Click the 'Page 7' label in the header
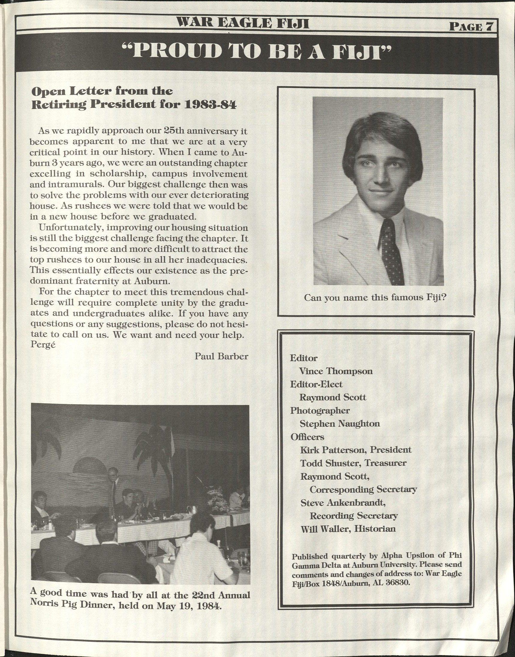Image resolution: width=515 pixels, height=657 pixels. (471, 27)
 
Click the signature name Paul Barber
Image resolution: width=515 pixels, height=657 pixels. (221, 356)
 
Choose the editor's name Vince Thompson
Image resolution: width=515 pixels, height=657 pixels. (336, 371)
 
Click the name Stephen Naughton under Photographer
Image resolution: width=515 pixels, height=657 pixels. (340, 423)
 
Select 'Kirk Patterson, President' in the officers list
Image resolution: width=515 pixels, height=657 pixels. (356, 450)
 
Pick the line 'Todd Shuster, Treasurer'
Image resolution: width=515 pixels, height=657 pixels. (353, 463)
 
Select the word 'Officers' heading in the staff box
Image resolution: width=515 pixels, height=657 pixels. (307, 437)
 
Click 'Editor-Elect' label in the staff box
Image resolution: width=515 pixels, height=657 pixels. (316, 384)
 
